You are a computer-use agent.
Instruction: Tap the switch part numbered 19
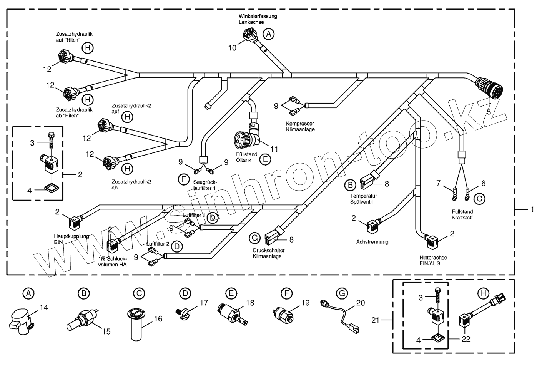(x=283, y=314)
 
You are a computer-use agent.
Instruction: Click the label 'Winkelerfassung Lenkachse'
(x=257, y=19)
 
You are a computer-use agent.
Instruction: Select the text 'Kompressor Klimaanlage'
(x=300, y=126)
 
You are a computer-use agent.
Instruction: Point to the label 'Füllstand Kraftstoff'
(x=462, y=214)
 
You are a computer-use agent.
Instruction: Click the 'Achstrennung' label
(x=372, y=242)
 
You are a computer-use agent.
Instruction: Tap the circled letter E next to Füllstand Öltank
(x=264, y=159)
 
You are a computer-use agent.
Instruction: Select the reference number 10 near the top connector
(x=232, y=48)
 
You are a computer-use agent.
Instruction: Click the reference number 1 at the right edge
(x=532, y=209)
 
